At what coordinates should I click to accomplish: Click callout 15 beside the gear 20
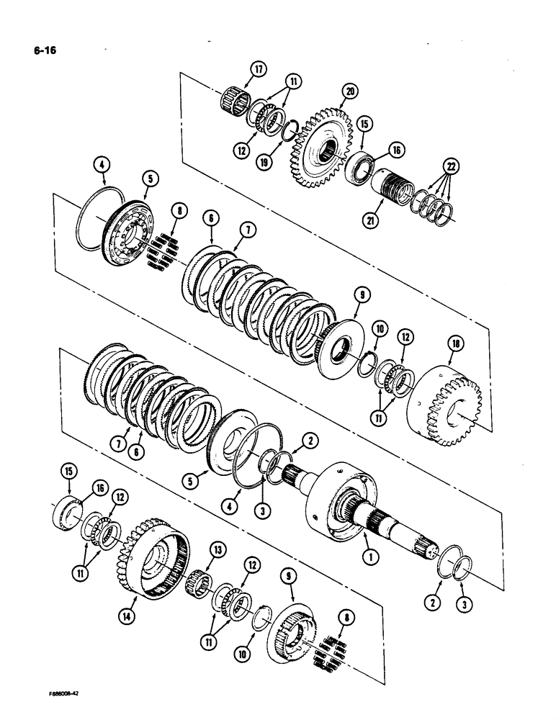[x=365, y=125]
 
